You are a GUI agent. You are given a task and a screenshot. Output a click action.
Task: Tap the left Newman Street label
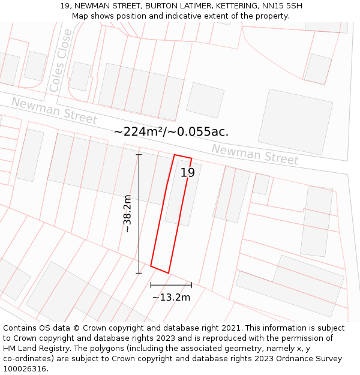(54, 111)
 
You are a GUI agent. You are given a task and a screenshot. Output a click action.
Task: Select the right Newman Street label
(255, 154)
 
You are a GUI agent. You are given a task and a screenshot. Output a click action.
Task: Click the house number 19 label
(187, 173)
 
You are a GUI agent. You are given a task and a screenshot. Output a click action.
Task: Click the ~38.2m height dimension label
(127, 214)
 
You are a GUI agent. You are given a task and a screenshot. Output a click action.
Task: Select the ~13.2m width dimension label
(171, 297)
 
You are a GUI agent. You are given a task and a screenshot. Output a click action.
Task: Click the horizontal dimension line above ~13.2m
(171, 284)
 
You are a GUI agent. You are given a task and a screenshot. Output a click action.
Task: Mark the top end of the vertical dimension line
(139, 155)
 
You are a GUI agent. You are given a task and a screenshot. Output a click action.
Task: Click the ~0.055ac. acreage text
(200, 131)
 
